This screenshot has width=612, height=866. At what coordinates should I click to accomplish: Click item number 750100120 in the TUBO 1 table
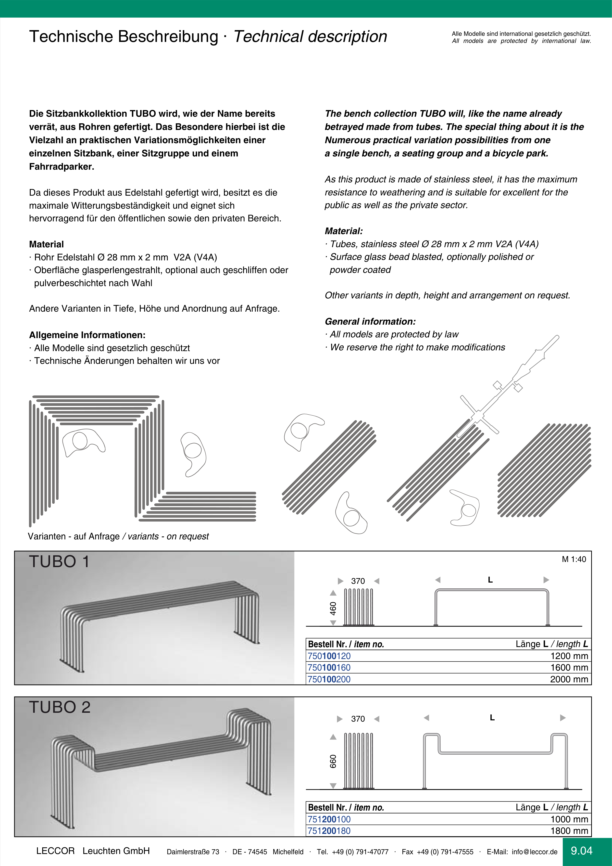click(x=329, y=656)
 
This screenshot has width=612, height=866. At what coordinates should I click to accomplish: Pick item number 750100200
click(x=329, y=679)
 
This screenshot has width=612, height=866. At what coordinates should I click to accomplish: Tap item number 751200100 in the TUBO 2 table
click(x=329, y=819)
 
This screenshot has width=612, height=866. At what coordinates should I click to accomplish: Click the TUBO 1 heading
click(x=59, y=562)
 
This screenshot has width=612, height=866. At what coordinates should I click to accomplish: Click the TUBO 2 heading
click(x=60, y=707)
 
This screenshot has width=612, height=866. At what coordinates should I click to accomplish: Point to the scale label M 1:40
click(x=574, y=559)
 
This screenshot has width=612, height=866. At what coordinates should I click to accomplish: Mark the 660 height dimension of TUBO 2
click(x=333, y=761)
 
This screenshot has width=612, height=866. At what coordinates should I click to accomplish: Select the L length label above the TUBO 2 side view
click(x=492, y=718)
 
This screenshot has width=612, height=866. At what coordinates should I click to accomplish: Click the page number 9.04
click(x=581, y=851)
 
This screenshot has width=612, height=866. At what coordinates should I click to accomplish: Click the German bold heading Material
click(x=46, y=244)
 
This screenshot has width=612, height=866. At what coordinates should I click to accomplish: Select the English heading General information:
click(x=370, y=322)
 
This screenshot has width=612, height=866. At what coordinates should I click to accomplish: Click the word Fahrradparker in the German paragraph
click(x=61, y=167)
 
